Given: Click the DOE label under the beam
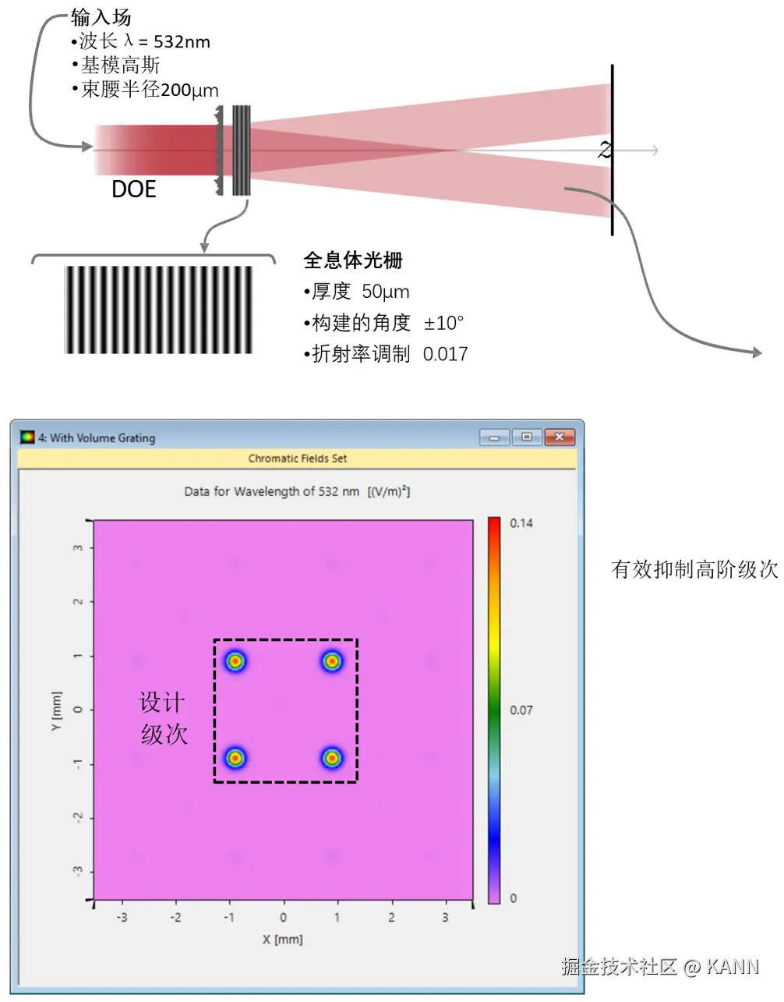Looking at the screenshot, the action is point(133,189).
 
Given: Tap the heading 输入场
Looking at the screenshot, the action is point(101,17).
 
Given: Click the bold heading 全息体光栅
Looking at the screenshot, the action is point(352,260).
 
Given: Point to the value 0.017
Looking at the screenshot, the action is point(445,354).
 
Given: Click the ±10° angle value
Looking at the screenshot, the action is point(443,323).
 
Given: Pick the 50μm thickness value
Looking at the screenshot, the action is point(385,292).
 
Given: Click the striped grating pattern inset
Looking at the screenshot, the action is point(158,310).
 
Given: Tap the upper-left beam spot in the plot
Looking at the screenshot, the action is point(235,661).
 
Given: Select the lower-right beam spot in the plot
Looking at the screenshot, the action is point(332,757).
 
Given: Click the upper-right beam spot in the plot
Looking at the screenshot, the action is point(332,661).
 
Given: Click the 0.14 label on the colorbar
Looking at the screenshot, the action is point(521,523).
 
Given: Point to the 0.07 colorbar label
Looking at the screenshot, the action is point(521,710).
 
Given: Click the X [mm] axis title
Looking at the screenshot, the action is point(282,940).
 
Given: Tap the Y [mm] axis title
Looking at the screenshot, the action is point(55,710).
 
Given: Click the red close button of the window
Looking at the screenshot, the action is point(559,437).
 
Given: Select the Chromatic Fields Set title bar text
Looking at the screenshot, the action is point(298,459).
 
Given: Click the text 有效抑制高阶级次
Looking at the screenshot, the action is point(694,570).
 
